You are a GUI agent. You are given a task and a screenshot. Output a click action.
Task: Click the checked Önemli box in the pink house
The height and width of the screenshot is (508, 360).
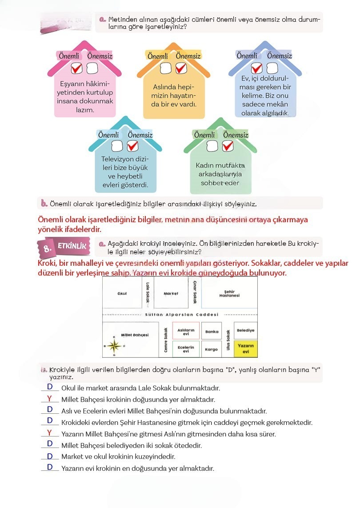tap(76, 68)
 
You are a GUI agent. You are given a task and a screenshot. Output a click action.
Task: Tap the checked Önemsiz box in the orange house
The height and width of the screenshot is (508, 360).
tap(180, 68)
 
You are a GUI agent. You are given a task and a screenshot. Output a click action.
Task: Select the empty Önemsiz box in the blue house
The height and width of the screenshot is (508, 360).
tap(272, 68)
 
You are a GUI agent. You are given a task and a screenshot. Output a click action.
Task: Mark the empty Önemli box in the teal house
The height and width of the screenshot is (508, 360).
tap(117, 146)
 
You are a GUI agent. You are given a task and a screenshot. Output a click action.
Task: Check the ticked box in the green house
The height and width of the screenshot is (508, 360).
tap(228, 146)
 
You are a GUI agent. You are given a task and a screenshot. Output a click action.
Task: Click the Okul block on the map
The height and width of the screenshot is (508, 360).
tap(122, 293)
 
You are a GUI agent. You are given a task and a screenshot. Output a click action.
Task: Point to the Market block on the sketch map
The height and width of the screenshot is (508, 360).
tap(171, 293)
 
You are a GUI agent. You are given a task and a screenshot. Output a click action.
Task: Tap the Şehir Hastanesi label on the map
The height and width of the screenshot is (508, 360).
tap(229, 294)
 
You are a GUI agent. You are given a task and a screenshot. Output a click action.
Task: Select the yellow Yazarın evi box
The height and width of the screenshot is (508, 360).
tap(245, 349)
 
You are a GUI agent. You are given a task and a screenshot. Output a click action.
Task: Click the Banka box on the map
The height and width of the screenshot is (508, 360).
tap(212, 332)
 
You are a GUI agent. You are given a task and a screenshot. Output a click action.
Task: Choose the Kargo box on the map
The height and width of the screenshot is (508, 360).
tap(212, 349)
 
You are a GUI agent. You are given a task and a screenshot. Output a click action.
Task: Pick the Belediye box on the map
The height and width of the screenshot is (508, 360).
tap(245, 331)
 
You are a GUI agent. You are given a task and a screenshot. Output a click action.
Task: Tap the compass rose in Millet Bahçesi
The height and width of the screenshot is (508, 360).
tap(115, 345)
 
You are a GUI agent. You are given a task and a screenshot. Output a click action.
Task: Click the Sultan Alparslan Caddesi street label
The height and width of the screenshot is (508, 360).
tap(179, 314)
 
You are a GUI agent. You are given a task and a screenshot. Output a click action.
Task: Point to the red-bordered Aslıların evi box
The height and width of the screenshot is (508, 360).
tap(186, 332)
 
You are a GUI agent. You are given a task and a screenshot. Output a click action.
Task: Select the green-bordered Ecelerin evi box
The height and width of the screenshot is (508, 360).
tap(186, 349)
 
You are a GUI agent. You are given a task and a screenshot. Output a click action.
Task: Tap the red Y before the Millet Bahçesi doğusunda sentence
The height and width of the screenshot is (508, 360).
tap(49, 399)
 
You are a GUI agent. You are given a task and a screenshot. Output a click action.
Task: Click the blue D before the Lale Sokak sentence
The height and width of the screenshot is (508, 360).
tap(50, 387)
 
